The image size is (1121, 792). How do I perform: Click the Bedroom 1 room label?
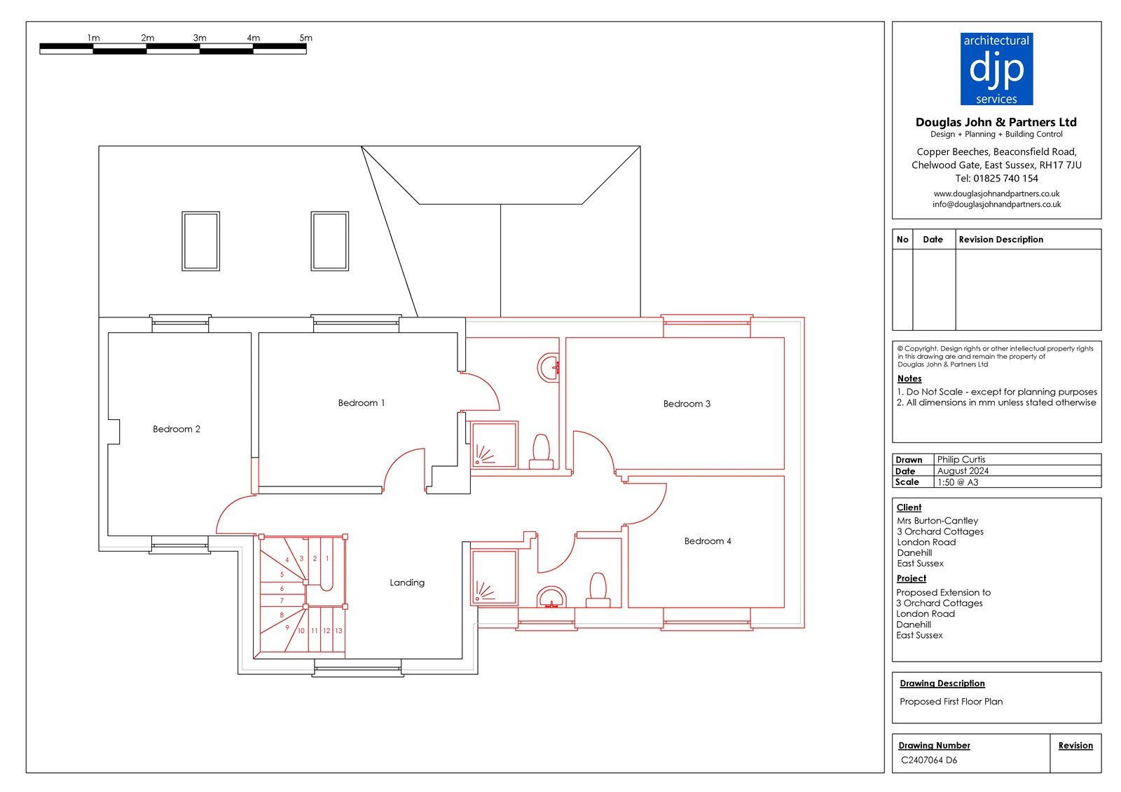point(362,403)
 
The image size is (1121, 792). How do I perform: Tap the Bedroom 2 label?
point(176,429)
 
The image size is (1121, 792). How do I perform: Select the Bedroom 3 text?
point(687,404)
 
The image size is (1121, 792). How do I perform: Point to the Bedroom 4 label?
point(708,541)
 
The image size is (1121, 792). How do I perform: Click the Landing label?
point(407,582)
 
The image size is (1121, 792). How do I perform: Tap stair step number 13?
point(339,631)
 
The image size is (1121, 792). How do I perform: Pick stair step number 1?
point(327,558)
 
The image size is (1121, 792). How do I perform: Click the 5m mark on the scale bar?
point(305,38)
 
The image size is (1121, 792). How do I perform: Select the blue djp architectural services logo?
point(996,69)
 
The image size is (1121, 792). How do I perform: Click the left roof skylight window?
point(200,241)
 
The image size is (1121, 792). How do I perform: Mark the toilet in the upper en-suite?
point(542,451)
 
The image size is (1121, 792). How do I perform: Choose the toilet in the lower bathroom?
point(598,589)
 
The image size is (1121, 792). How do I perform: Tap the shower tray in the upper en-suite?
point(494,444)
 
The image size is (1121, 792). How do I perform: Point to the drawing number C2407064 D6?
point(929,760)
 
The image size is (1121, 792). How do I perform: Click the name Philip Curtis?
point(961,460)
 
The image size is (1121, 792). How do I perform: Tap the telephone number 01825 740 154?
point(1005,178)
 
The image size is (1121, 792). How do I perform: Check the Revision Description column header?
point(1001,240)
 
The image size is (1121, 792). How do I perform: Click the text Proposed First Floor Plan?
point(951,702)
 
